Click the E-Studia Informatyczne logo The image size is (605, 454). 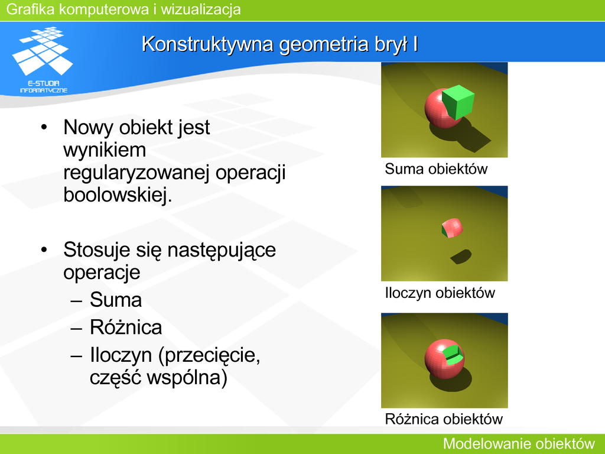point(43,60)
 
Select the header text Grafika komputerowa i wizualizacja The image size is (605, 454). point(123,9)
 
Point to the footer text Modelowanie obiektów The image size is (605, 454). point(519,443)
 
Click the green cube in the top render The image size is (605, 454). point(458,102)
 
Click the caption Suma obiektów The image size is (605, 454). point(436,169)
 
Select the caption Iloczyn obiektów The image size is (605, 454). point(440,293)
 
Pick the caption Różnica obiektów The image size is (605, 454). point(444,419)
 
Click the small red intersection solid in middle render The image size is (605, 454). point(452,228)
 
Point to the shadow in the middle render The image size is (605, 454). point(461,257)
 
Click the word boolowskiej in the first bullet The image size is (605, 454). point(118,194)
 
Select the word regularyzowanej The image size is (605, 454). point(136,173)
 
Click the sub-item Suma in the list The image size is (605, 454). point(116,300)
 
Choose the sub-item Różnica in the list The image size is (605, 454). point(126,327)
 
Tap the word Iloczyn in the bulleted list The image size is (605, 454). point(121,355)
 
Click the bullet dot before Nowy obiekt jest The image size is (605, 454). point(44,127)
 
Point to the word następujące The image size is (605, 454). point(222,250)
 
